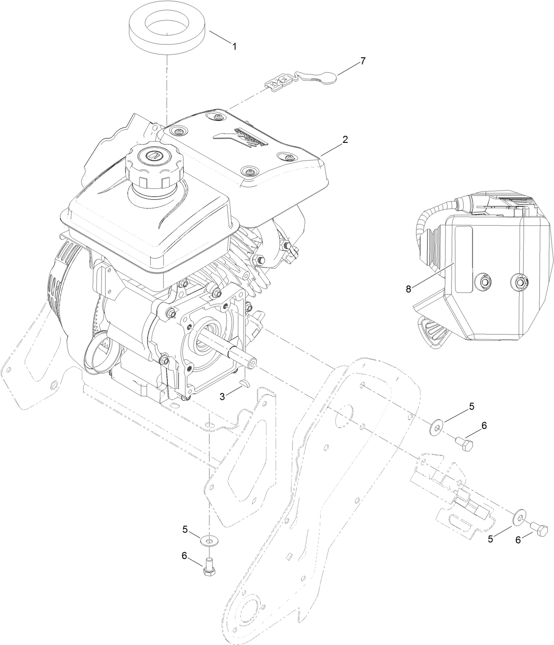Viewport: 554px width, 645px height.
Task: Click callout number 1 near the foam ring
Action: click(234, 46)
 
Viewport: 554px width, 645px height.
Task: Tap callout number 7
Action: click(362, 61)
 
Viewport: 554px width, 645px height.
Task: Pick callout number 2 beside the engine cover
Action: click(345, 140)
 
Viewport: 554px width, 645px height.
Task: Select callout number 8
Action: click(408, 289)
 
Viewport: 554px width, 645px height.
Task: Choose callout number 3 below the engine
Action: click(222, 397)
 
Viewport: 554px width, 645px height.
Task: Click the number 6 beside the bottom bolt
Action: click(185, 556)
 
